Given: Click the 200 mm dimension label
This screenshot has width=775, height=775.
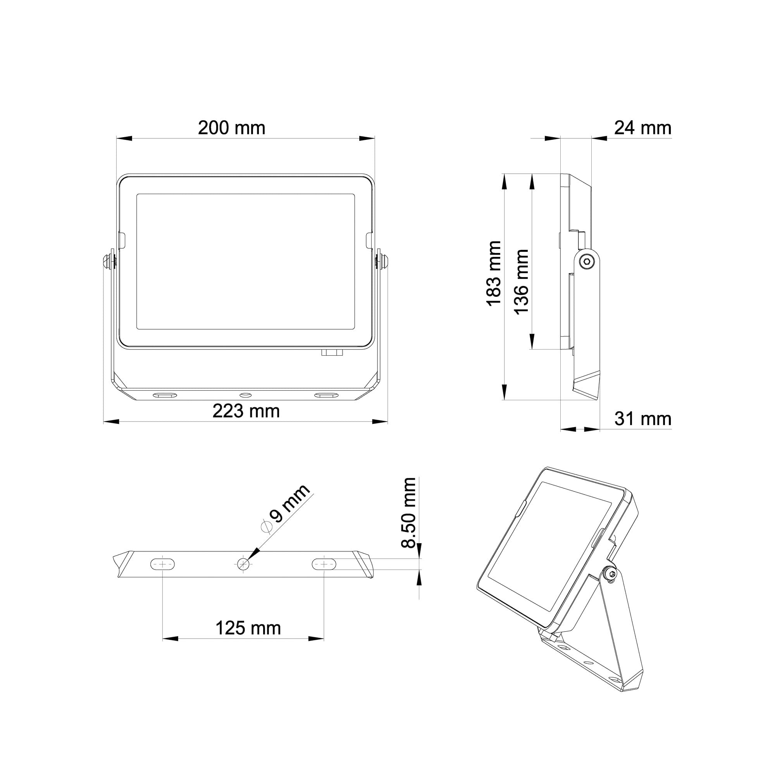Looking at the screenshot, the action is pos(231,128).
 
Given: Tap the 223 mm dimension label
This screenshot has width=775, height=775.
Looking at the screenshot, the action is pos(246,411).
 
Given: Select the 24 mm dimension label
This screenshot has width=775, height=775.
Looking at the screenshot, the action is pos(642,128).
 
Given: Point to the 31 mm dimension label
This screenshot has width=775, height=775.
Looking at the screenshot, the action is pos(642,419).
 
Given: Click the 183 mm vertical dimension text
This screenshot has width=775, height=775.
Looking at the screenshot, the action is pos(494,274).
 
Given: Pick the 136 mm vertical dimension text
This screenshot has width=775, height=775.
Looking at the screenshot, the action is pos(521,282).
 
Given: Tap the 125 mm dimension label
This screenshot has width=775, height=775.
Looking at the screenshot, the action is pos(248,628).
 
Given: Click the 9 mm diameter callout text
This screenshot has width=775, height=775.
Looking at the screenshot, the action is pos(286,509).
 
